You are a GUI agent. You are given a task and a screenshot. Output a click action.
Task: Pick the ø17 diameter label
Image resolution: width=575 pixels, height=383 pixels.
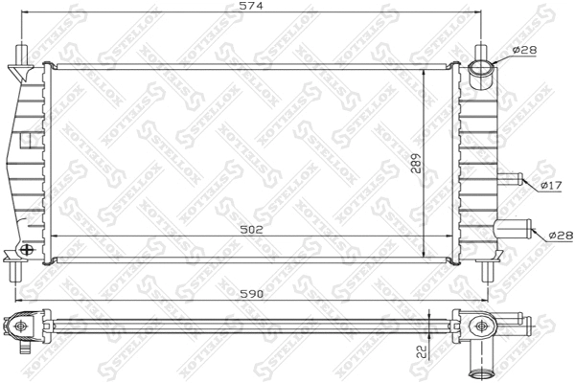coord(550,185)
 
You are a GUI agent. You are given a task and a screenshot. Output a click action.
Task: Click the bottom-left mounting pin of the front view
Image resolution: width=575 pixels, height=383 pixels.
coord(15,272)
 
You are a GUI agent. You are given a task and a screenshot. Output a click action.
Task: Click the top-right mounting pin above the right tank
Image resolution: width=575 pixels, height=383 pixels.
coord(482,50)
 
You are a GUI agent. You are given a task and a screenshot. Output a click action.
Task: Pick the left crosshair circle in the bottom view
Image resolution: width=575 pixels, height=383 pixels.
coord(19,326)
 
